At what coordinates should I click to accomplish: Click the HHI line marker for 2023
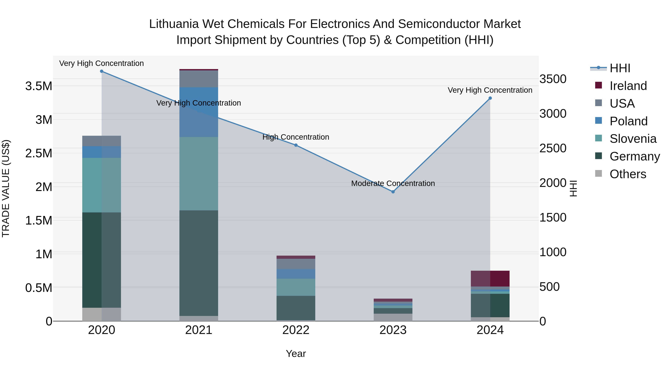[393, 192]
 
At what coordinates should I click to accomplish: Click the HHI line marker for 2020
[102, 71]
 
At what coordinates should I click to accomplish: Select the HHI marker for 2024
[490, 98]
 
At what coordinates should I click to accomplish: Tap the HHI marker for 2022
[296, 145]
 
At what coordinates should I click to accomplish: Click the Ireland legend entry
[628, 86]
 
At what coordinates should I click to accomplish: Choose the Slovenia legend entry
[633, 139]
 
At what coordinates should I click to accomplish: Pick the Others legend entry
[628, 174]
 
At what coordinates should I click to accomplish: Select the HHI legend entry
[620, 68]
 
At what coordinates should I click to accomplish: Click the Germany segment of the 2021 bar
[199, 263]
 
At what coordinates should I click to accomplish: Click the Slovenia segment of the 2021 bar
[199, 174]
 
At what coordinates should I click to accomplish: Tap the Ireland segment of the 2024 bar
[490, 278]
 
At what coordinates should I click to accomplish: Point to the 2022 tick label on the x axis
[296, 330]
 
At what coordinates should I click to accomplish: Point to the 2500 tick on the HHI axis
[553, 148]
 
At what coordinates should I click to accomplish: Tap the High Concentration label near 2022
[296, 137]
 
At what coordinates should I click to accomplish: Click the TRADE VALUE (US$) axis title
[6, 188]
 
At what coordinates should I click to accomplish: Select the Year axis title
[296, 354]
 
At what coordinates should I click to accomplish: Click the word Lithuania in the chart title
[174, 24]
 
